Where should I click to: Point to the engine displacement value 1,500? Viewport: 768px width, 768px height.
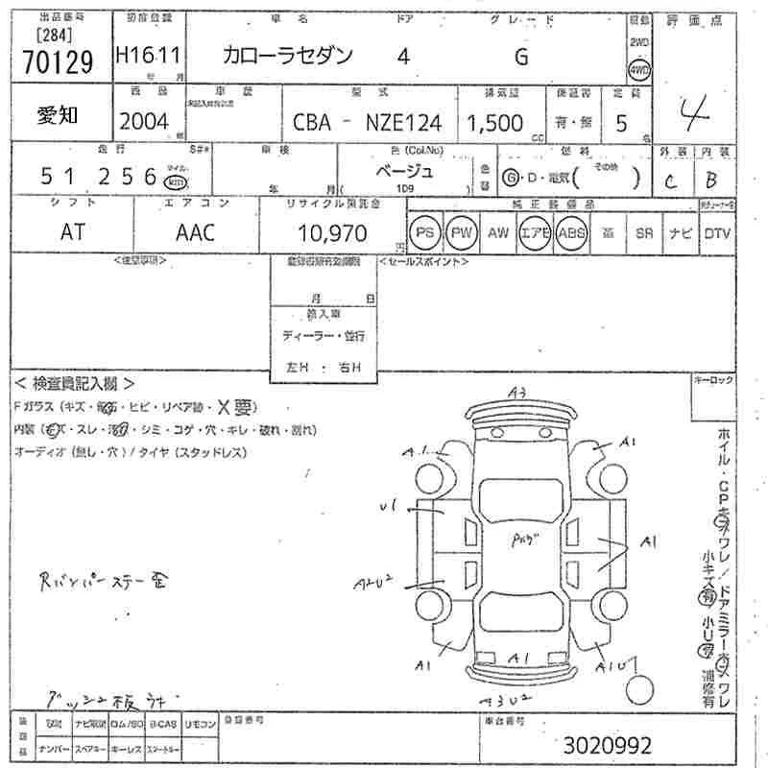pyautogui.click(x=495, y=123)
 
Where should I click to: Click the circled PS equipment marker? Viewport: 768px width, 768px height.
pyautogui.click(x=423, y=233)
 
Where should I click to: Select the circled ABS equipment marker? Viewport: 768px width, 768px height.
pyautogui.click(x=572, y=233)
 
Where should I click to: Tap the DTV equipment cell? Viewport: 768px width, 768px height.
pyautogui.click(x=718, y=233)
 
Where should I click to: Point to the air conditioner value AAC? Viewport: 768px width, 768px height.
pyautogui.click(x=195, y=232)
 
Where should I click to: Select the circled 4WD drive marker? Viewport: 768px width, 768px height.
pyautogui.click(x=638, y=70)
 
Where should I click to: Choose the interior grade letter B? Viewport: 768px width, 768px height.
pyautogui.click(x=710, y=178)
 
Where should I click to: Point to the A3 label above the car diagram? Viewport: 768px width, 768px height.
pyautogui.click(x=519, y=392)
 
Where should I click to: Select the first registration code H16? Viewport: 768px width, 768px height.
pyautogui.click(x=133, y=58)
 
